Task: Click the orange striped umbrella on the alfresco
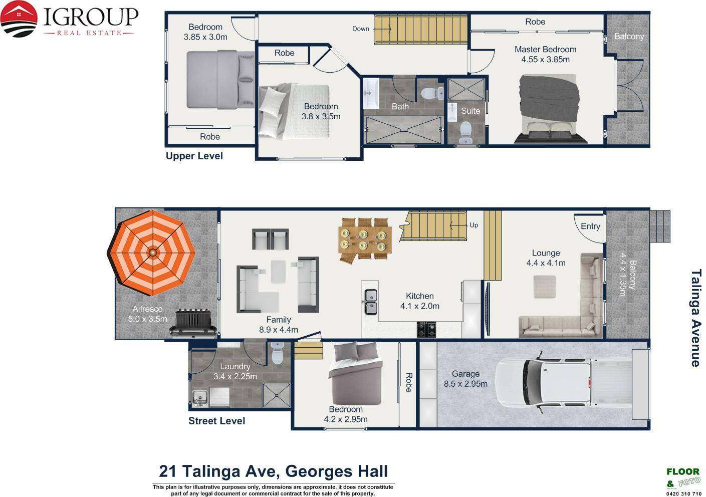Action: pos(152,253)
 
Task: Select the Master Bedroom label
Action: pos(545,49)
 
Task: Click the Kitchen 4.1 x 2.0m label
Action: pos(419,301)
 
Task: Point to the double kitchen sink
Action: pos(371,302)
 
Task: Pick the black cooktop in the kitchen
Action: pos(426,329)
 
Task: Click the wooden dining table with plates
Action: pos(365,240)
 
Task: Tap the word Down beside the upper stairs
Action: pos(361,29)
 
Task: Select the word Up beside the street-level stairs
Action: pos(474,225)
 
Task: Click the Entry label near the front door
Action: pos(590,226)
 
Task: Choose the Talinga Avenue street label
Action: pos(696,318)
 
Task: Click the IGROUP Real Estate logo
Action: pos(69,19)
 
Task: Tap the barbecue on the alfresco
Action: pos(193,323)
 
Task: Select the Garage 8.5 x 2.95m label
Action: pos(465,378)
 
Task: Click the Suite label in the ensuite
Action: pos(470,111)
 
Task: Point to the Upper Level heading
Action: pos(194,156)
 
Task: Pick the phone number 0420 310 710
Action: pos(683,493)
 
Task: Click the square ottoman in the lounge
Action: pos(544,287)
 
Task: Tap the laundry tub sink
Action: pos(200,398)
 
